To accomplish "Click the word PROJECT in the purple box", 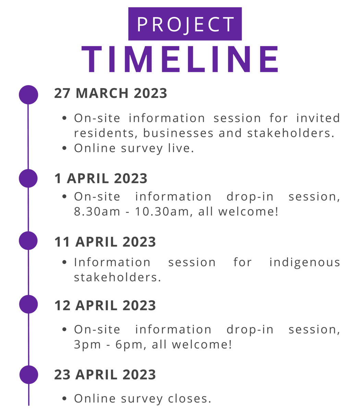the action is (185, 25).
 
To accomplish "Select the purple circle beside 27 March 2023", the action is (28, 95).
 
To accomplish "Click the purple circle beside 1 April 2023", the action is (28, 178).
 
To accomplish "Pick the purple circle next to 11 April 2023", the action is (28, 241).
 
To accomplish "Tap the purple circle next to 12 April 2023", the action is (28, 304).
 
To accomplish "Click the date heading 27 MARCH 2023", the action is (110, 94).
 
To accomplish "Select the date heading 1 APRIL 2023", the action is (101, 178).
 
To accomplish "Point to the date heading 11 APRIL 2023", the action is (105, 242).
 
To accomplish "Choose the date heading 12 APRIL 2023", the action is (105, 305).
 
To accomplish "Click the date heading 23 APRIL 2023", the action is (105, 375).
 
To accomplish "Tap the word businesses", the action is (178, 133).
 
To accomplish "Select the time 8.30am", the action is (97, 212).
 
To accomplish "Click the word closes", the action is (190, 399).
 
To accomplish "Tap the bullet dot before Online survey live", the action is (64, 148).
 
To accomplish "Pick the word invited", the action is (318, 118).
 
